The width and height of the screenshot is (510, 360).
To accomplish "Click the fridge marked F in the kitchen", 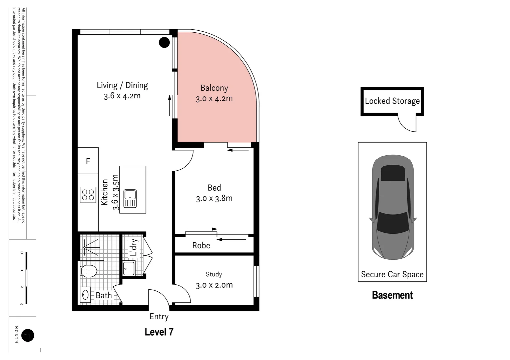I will point(88,161).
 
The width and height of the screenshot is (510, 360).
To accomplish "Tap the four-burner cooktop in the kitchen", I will point(88,195).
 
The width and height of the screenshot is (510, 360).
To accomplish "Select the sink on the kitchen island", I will point(130,199).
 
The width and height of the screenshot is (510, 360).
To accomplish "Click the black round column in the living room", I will point(164,42).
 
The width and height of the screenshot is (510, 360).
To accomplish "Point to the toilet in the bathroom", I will point(89,271).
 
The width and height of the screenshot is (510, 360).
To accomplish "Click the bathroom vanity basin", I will point(85,295).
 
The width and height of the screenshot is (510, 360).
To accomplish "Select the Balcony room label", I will point(214,88).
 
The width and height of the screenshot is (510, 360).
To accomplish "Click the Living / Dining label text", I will point(122,85).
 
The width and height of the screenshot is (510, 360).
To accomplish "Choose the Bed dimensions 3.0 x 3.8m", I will point(214,199).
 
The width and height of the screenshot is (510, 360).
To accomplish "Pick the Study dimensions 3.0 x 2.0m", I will point(214,285).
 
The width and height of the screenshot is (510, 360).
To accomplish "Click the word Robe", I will point(201,246).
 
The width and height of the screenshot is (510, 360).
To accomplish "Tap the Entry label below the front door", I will point(159,317).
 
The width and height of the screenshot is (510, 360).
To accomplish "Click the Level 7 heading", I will point(159,332).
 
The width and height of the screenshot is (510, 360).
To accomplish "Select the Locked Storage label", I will point(392,101).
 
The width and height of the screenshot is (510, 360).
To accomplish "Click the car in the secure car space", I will point(392,207).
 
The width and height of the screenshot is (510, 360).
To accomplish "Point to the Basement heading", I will point(392,295).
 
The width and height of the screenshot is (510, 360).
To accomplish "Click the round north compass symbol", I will point(28,335).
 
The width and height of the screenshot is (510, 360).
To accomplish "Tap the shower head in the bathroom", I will point(85,247).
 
